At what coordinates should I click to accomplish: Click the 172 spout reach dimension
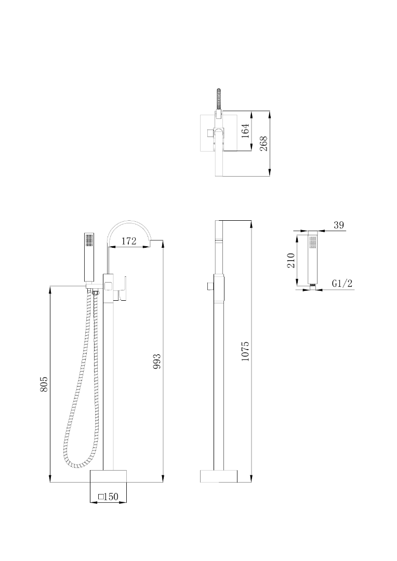(129, 241)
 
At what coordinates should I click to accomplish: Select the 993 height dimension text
(157, 362)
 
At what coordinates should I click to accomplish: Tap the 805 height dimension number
(44, 384)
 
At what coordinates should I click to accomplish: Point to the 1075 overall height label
(245, 351)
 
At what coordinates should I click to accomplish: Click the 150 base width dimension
(111, 497)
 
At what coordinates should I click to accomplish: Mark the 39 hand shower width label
(339, 225)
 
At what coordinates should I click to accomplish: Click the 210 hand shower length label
(290, 260)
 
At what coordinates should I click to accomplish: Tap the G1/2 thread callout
(342, 284)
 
